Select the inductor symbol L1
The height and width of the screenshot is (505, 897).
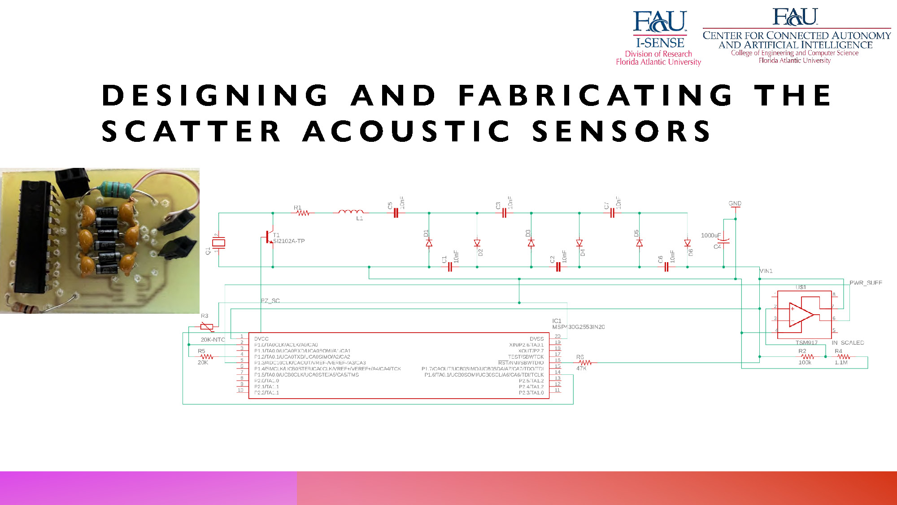(x=351, y=212)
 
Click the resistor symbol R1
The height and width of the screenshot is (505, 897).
(x=303, y=213)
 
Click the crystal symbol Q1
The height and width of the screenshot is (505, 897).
(x=218, y=243)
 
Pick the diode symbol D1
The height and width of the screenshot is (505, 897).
(x=429, y=243)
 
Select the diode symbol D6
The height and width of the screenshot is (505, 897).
(x=687, y=243)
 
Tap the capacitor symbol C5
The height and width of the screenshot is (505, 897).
(x=396, y=213)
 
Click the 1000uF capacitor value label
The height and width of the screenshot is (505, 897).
(x=710, y=235)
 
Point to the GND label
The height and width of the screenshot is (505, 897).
(x=735, y=203)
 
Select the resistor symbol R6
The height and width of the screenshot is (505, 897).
(x=585, y=362)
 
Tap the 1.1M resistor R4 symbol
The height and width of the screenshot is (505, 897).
(x=843, y=357)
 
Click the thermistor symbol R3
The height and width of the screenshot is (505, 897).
(x=207, y=326)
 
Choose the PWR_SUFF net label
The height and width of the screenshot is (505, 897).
(x=866, y=283)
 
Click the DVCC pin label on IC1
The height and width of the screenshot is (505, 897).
(x=261, y=339)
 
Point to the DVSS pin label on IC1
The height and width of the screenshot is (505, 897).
(x=536, y=339)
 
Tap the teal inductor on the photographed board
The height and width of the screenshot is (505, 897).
(x=115, y=189)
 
